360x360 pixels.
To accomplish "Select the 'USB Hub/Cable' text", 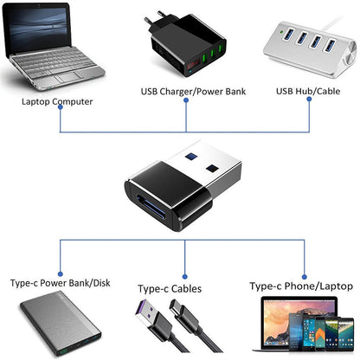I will click(x=307, y=90).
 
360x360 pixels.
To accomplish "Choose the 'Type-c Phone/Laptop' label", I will click(x=300, y=286).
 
